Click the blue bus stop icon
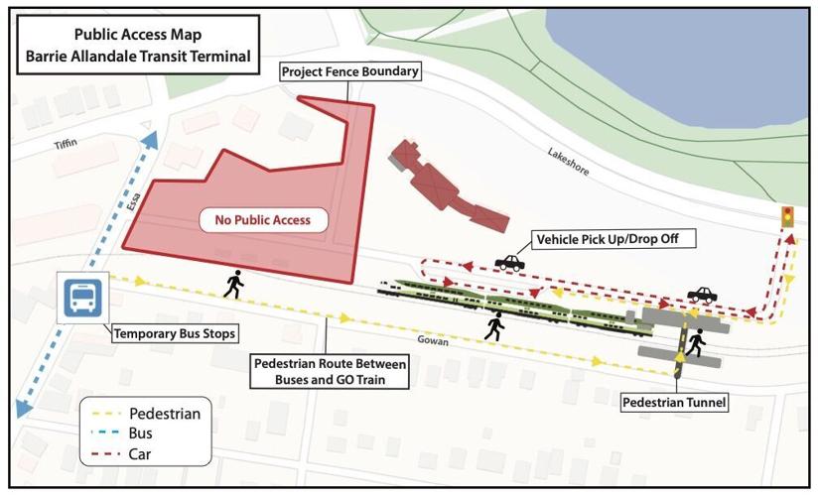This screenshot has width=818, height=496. (80, 297)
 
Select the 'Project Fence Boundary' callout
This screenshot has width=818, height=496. (350, 72)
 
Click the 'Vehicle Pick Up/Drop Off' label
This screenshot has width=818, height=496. (613, 239)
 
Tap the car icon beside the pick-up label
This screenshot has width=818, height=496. (509, 262)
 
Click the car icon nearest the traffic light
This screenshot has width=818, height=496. (702, 295)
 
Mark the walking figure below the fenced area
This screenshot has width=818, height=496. (234, 285)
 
